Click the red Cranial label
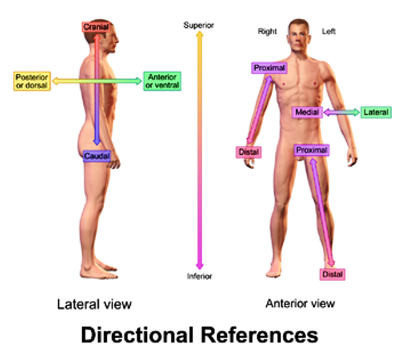[x=96, y=27]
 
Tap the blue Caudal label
[x=97, y=155]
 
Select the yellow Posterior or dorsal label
[x=31, y=81]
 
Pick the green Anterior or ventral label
[x=162, y=81]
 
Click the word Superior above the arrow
[x=198, y=25]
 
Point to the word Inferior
[x=199, y=277]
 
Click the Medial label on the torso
[x=307, y=112]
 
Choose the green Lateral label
[x=375, y=113]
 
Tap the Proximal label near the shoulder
[x=269, y=68]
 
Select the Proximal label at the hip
[x=312, y=150]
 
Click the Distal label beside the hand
[x=249, y=152]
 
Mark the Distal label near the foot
[x=333, y=274]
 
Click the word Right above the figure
[x=267, y=32]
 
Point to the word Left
[x=329, y=32]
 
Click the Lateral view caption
[x=94, y=304]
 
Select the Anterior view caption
[x=300, y=303]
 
